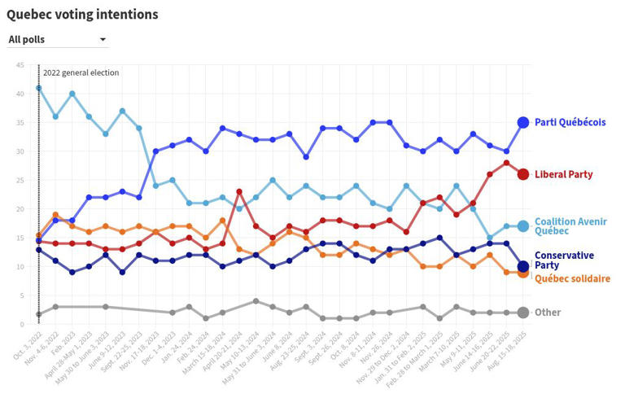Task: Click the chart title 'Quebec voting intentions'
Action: tap(82, 15)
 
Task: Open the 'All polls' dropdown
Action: tap(57, 39)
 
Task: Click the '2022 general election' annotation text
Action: tap(81, 72)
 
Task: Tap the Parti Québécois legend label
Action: tap(570, 122)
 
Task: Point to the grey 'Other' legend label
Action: tap(548, 313)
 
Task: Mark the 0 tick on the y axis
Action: tap(21, 324)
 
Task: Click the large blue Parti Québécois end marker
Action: tap(523, 122)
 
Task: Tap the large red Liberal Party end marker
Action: tap(523, 174)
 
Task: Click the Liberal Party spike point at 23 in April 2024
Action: tap(239, 191)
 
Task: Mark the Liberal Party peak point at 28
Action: tap(506, 163)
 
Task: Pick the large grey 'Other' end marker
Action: tap(523, 313)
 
